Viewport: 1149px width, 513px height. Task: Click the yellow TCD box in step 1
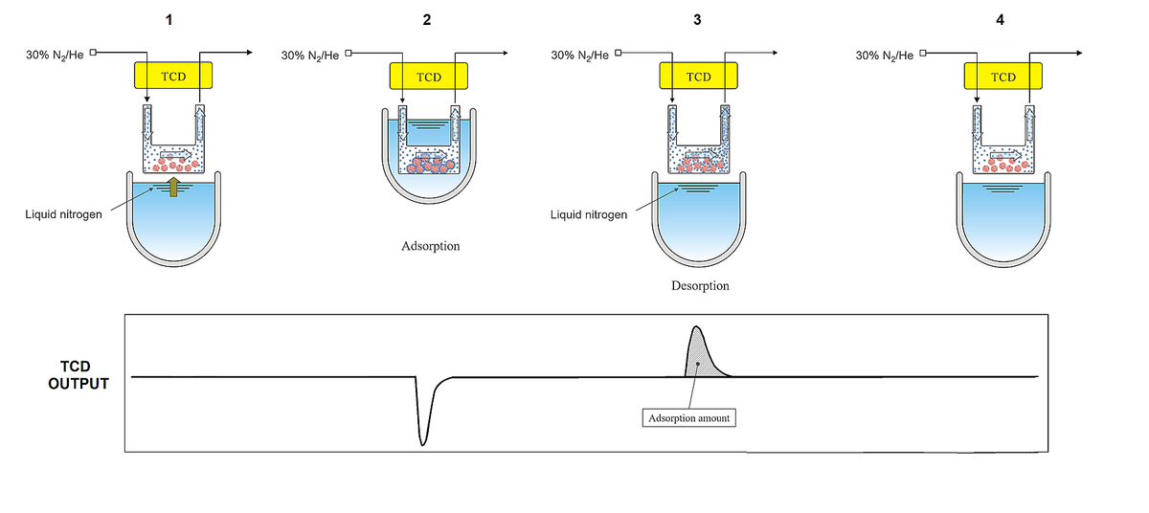pyautogui.click(x=173, y=76)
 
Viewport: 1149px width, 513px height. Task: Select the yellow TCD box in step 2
pyautogui.click(x=428, y=77)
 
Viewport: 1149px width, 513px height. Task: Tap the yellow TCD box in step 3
pyautogui.click(x=699, y=77)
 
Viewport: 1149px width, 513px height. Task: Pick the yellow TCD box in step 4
pyautogui.click(x=1003, y=77)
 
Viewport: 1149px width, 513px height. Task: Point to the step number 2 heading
pyautogui.click(x=427, y=20)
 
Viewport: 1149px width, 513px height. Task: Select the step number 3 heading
pyautogui.click(x=698, y=20)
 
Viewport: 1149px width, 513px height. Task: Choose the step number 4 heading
pyautogui.click(x=1001, y=20)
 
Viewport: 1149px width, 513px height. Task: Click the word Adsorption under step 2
pyautogui.click(x=430, y=246)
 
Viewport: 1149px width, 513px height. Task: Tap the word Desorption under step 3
pyautogui.click(x=700, y=285)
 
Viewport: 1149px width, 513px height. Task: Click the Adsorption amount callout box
pyautogui.click(x=688, y=418)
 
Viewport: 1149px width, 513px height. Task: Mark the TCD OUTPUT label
pyautogui.click(x=79, y=375)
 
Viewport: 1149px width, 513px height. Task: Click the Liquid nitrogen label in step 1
pyautogui.click(x=63, y=213)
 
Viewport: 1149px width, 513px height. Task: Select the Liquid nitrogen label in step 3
pyautogui.click(x=589, y=214)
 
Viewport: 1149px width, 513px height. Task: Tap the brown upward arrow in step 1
pyautogui.click(x=173, y=188)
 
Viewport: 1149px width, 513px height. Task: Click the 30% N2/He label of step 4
pyautogui.click(x=886, y=55)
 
